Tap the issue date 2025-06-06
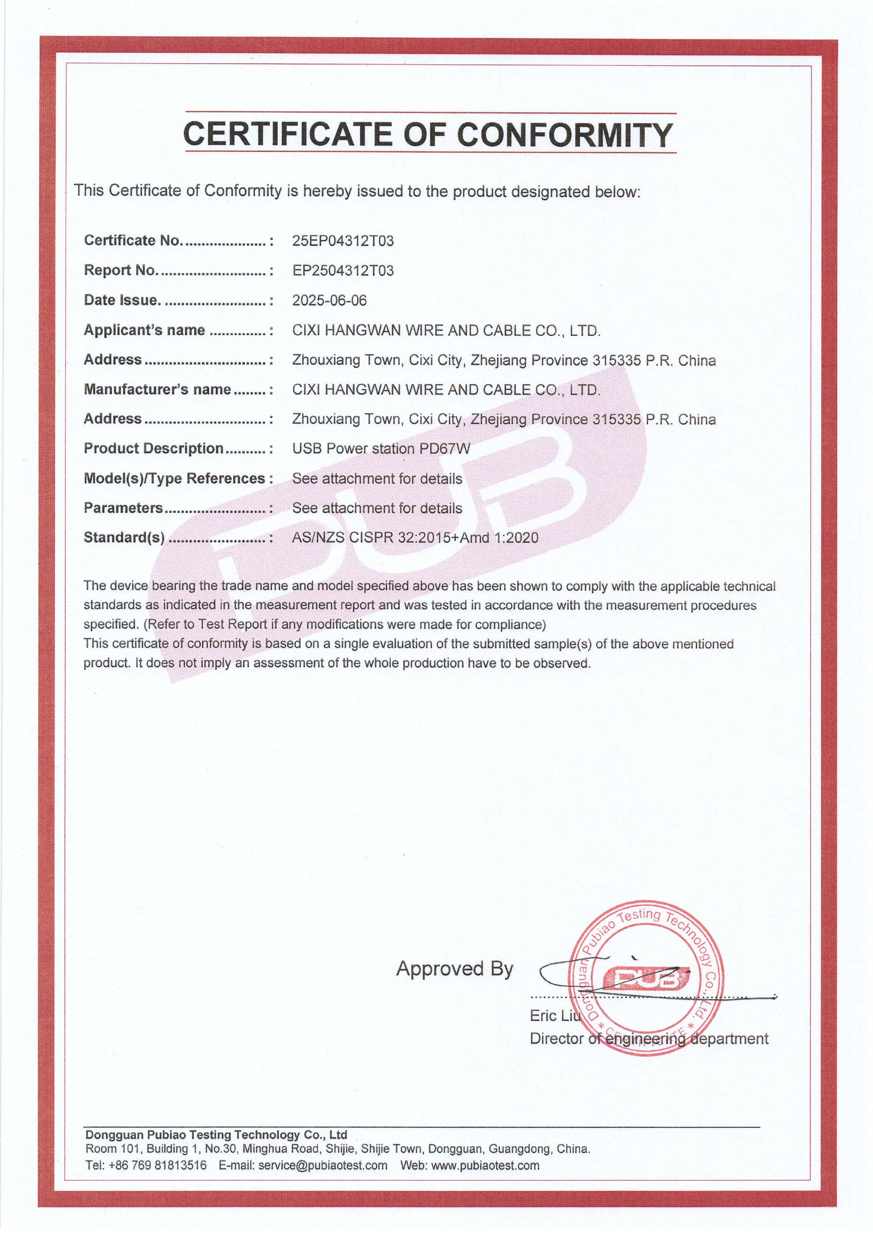pos(329,300)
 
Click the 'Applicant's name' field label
pos(144,330)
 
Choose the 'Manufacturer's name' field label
pos(157,389)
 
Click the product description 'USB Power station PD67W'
pos(381,449)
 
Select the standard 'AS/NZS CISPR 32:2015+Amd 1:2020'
pos(415,537)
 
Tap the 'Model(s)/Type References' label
pos(174,478)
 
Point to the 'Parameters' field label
pos(123,508)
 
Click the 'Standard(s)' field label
pos(124,537)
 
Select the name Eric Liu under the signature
pos(555,1015)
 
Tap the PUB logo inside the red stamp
pos(644,978)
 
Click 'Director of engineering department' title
pos(649,1038)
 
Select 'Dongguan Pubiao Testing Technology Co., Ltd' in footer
pos(216,1135)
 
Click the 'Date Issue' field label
pos(121,300)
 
